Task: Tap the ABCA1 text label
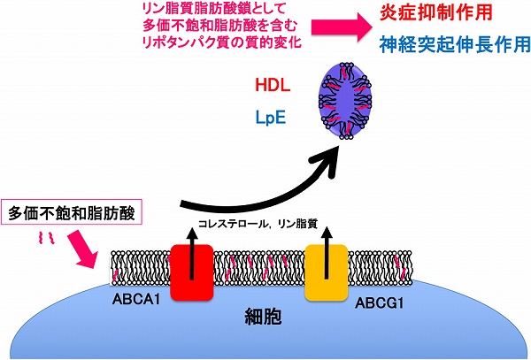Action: tap(136, 299)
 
